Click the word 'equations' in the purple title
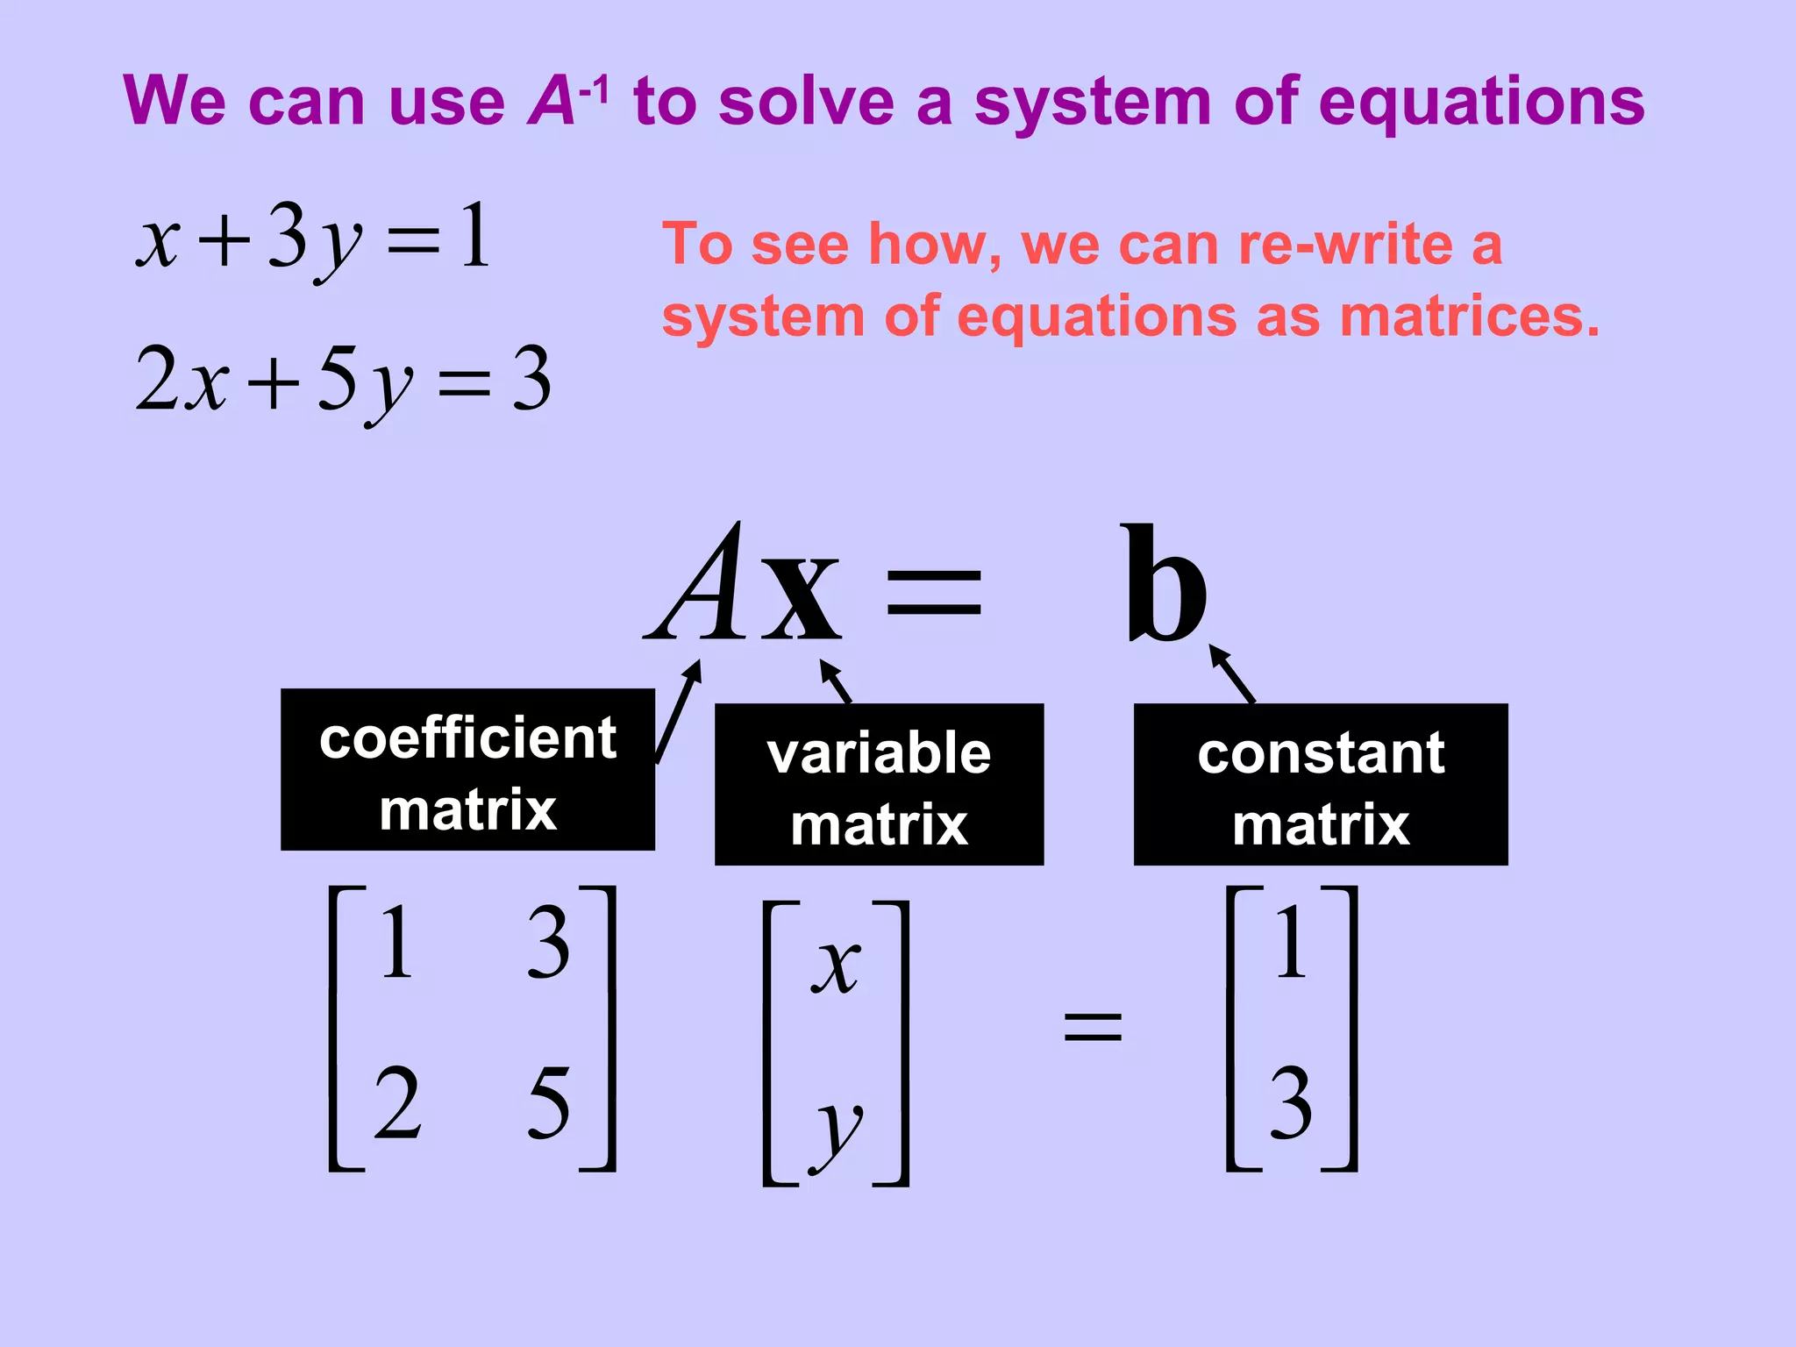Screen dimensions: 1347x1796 click(x=1481, y=103)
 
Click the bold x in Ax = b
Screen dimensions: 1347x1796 click(x=800, y=596)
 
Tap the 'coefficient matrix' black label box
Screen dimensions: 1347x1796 click(x=467, y=770)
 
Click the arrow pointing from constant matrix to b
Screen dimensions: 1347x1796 click(x=1232, y=673)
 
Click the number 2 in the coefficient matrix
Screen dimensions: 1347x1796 click(x=397, y=1102)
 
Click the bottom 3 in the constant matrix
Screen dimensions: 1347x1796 click(x=1291, y=1102)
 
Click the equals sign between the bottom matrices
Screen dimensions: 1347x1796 click(x=1092, y=1026)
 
